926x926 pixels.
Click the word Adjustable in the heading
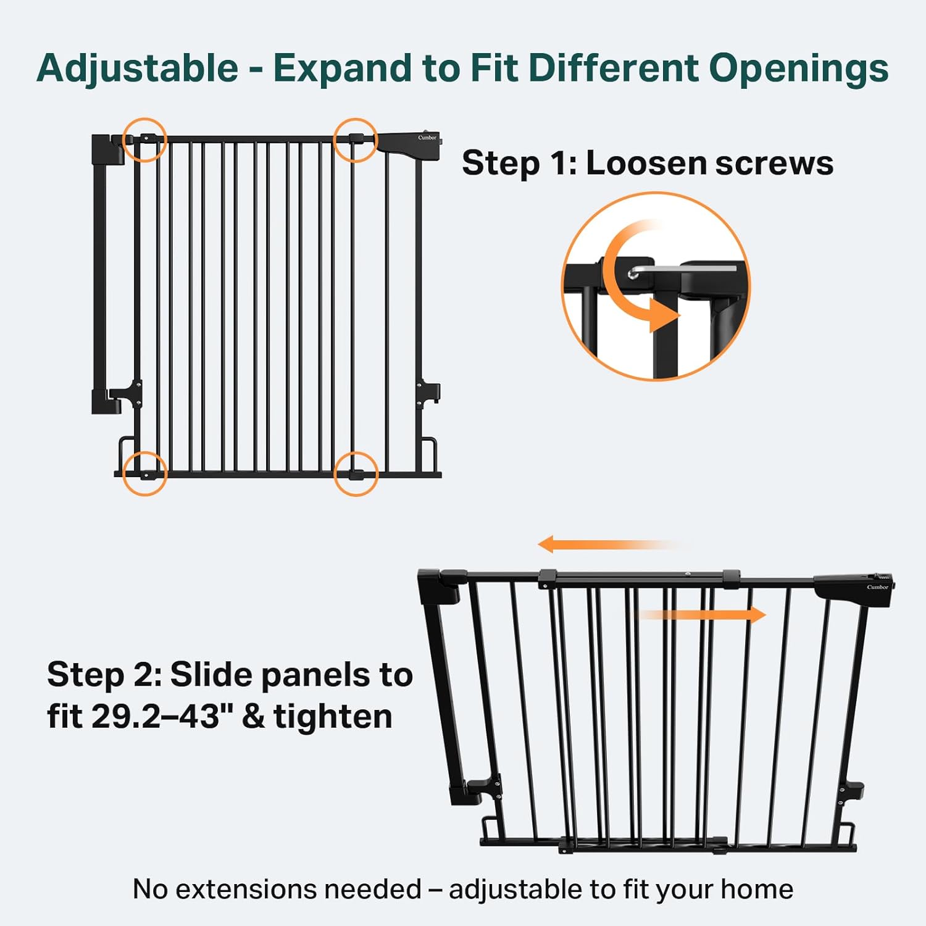tap(138, 68)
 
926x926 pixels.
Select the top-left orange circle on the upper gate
tap(145, 140)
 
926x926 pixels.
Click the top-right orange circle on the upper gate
tap(356, 140)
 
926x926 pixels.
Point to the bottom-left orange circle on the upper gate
tap(145, 473)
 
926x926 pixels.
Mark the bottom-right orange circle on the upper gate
tap(356, 473)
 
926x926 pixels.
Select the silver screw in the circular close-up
tap(633, 273)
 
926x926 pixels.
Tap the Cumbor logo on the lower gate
tap(877, 587)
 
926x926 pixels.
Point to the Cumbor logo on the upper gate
tap(427, 138)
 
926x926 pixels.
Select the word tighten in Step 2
tap(333, 717)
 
